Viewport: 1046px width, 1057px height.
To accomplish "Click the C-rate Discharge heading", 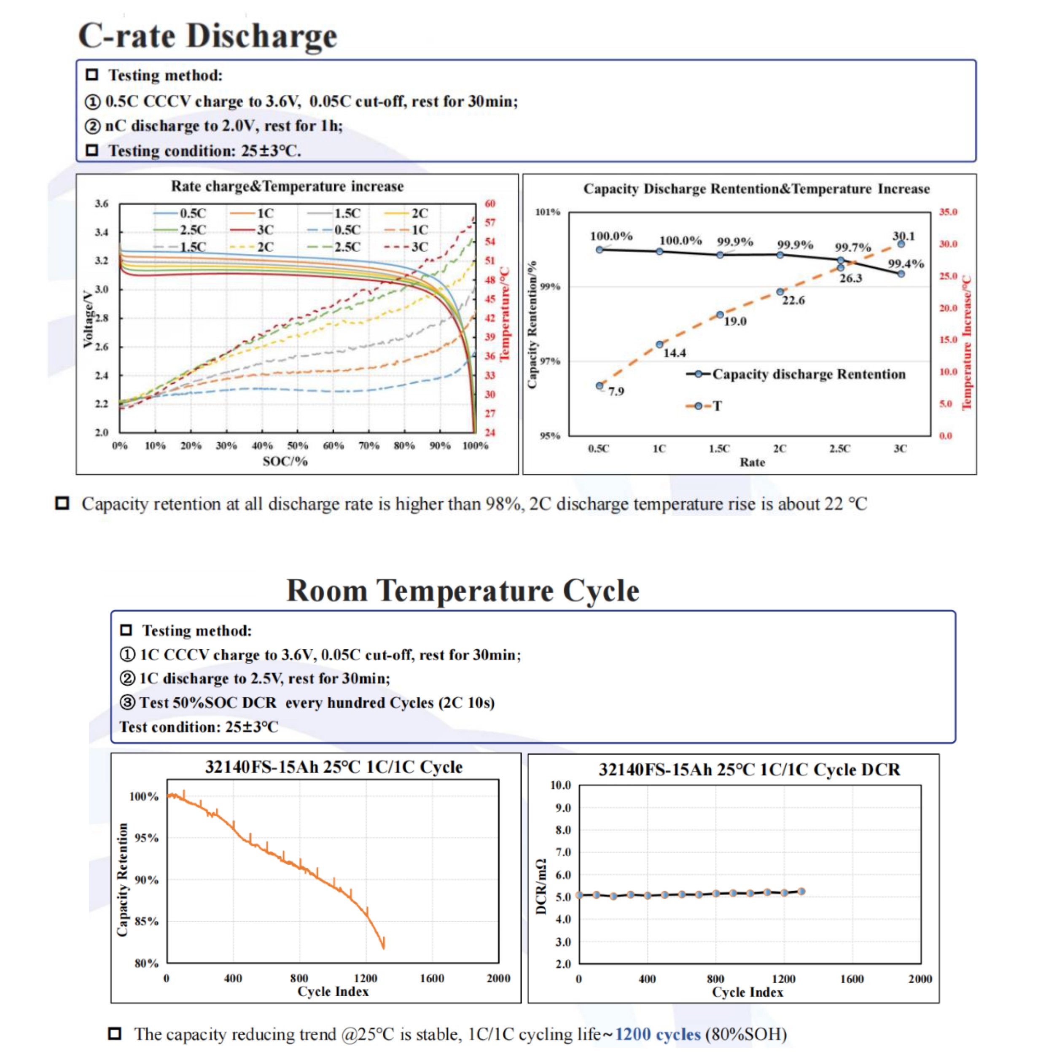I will tap(207, 36).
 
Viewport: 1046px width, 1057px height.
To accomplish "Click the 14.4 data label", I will tap(674, 353).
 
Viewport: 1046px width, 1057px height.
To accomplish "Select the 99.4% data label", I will tap(906, 264).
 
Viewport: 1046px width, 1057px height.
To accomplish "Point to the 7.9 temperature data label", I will tap(616, 392).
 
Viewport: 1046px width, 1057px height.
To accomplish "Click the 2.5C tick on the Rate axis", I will tap(839, 449).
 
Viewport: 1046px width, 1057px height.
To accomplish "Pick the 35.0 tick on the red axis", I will tap(948, 212).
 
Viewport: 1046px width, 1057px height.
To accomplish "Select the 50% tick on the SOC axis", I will tap(298, 446).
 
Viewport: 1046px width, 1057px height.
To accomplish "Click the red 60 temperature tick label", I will tap(489, 204).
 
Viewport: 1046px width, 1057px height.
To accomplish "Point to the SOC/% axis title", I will tap(285, 461).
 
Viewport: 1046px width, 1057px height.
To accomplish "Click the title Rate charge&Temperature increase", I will tap(287, 186).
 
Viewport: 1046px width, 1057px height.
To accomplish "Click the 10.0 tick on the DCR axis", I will tap(560, 785).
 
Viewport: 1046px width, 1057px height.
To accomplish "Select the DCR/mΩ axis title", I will tap(541, 886).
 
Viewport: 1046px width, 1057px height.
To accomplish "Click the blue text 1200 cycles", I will tap(658, 1035).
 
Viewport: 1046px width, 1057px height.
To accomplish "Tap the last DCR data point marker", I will tap(801, 891).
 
